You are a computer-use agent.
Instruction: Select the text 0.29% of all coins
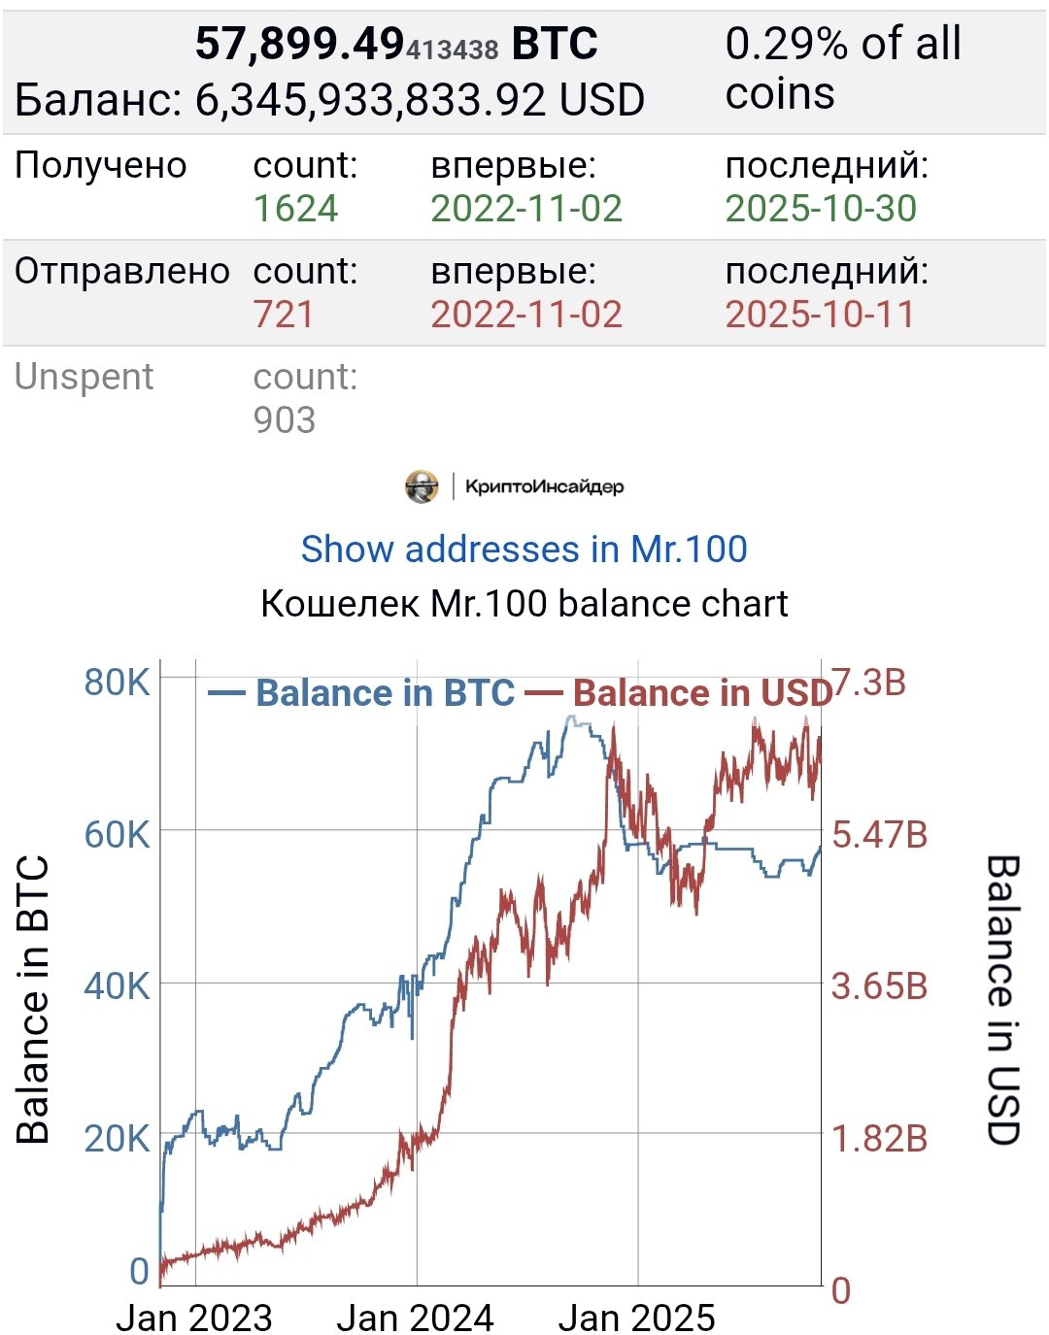(842, 69)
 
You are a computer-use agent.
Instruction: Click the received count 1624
(295, 209)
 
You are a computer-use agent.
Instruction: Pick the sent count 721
(284, 315)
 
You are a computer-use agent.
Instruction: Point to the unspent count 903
(285, 420)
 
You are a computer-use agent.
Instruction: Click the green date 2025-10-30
(821, 209)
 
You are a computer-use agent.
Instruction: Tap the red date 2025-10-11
(820, 315)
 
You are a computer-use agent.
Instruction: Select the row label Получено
(101, 166)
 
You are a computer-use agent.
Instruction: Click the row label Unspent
(85, 377)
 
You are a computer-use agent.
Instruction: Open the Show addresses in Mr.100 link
(524, 550)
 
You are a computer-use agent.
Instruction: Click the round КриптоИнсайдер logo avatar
(422, 486)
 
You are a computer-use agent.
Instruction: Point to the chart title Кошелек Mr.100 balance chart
(524, 604)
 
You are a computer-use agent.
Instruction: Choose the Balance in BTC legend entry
(363, 693)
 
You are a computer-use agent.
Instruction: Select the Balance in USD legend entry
(680, 693)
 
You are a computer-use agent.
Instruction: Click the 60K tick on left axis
(117, 834)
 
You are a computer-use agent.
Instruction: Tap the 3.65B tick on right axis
(879, 986)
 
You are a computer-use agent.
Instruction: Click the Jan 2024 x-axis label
(415, 1318)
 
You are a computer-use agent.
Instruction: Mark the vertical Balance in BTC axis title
(33, 999)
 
